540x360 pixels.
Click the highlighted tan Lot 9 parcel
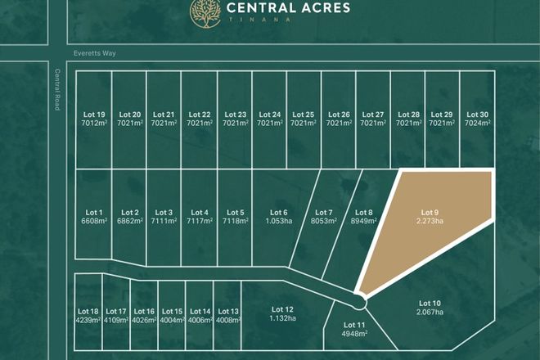click(x=430, y=225)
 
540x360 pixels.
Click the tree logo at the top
click(x=205, y=11)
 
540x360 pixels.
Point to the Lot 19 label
click(x=94, y=115)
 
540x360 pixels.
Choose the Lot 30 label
click(x=477, y=115)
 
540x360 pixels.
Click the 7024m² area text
click(x=477, y=123)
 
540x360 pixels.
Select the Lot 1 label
click(x=94, y=213)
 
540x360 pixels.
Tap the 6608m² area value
click(x=94, y=221)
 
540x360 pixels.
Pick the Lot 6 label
click(x=279, y=213)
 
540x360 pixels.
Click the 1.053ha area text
click(x=279, y=221)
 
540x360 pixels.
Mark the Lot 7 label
click(x=323, y=213)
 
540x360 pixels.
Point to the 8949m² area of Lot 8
click(x=363, y=221)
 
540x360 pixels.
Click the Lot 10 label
click(x=430, y=304)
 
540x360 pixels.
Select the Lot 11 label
click(x=355, y=326)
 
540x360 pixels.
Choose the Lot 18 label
click(x=88, y=312)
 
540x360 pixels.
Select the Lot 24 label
click(x=269, y=115)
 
